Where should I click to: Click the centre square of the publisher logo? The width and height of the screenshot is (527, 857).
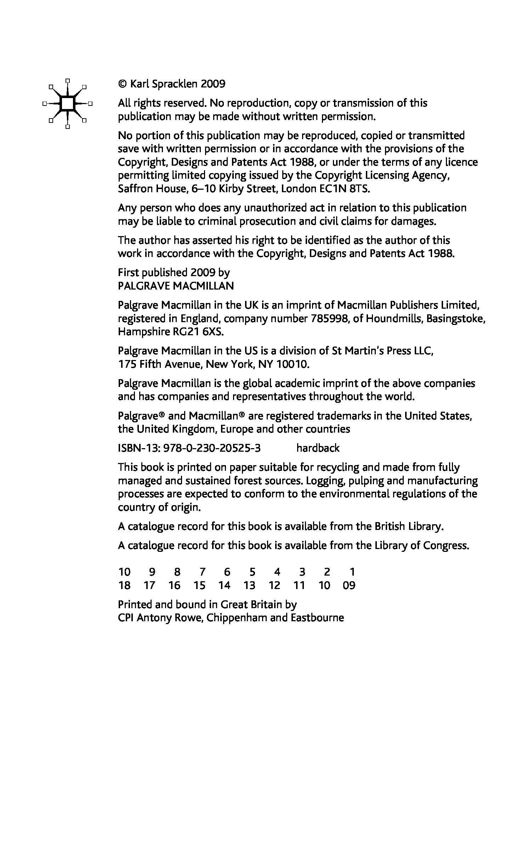[67, 103]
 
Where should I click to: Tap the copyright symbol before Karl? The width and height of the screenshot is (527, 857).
[122, 84]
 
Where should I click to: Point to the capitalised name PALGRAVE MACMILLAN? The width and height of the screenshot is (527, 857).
[176, 286]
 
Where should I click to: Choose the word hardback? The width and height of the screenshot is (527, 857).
[318, 448]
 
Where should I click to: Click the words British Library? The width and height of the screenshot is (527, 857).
[409, 526]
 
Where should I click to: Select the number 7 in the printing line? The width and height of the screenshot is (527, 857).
[202, 572]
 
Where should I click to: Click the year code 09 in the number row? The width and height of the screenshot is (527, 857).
[349, 585]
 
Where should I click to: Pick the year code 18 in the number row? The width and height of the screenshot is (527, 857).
[124, 585]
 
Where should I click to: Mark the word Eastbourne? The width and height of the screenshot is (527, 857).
[317, 618]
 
